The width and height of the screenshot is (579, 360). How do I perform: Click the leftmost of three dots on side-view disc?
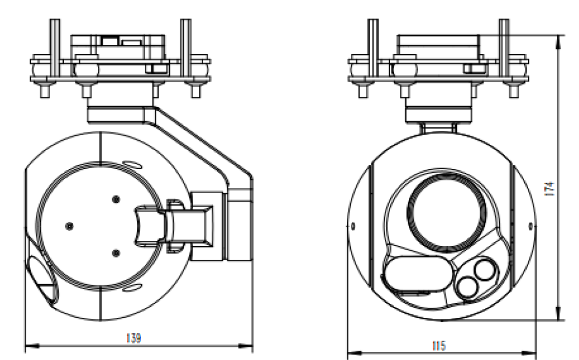[x=68, y=225]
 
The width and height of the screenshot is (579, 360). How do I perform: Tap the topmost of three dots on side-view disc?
[x=115, y=199]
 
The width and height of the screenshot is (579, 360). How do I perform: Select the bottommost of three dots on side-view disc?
[x=115, y=251]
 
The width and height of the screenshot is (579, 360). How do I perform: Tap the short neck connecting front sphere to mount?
[x=439, y=128]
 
